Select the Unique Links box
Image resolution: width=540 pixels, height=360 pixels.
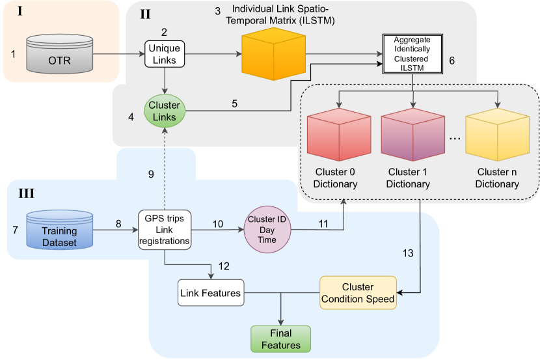coord(165,54)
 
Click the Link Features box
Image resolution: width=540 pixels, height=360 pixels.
coord(210,293)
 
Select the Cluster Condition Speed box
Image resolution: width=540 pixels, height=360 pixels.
coord(357,293)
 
